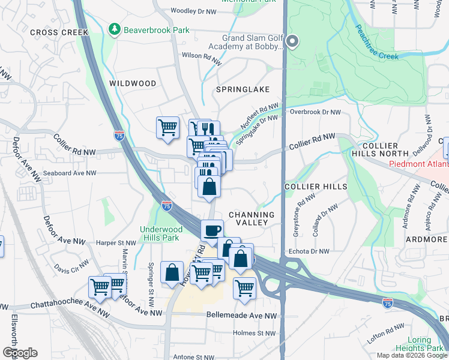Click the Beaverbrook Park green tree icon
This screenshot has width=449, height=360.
click(x=113, y=29)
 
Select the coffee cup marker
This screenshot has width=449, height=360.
click(x=212, y=230)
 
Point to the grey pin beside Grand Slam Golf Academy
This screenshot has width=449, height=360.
click(x=292, y=41)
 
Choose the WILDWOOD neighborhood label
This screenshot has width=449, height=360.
click(x=133, y=83)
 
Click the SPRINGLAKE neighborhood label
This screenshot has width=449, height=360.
click(x=243, y=89)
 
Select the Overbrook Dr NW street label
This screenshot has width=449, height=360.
click(x=315, y=112)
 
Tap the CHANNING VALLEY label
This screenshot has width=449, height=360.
click(x=252, y=218)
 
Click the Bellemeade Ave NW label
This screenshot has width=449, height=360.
click(x=241, y=315)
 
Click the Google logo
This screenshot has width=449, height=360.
click(x=19, y=353)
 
